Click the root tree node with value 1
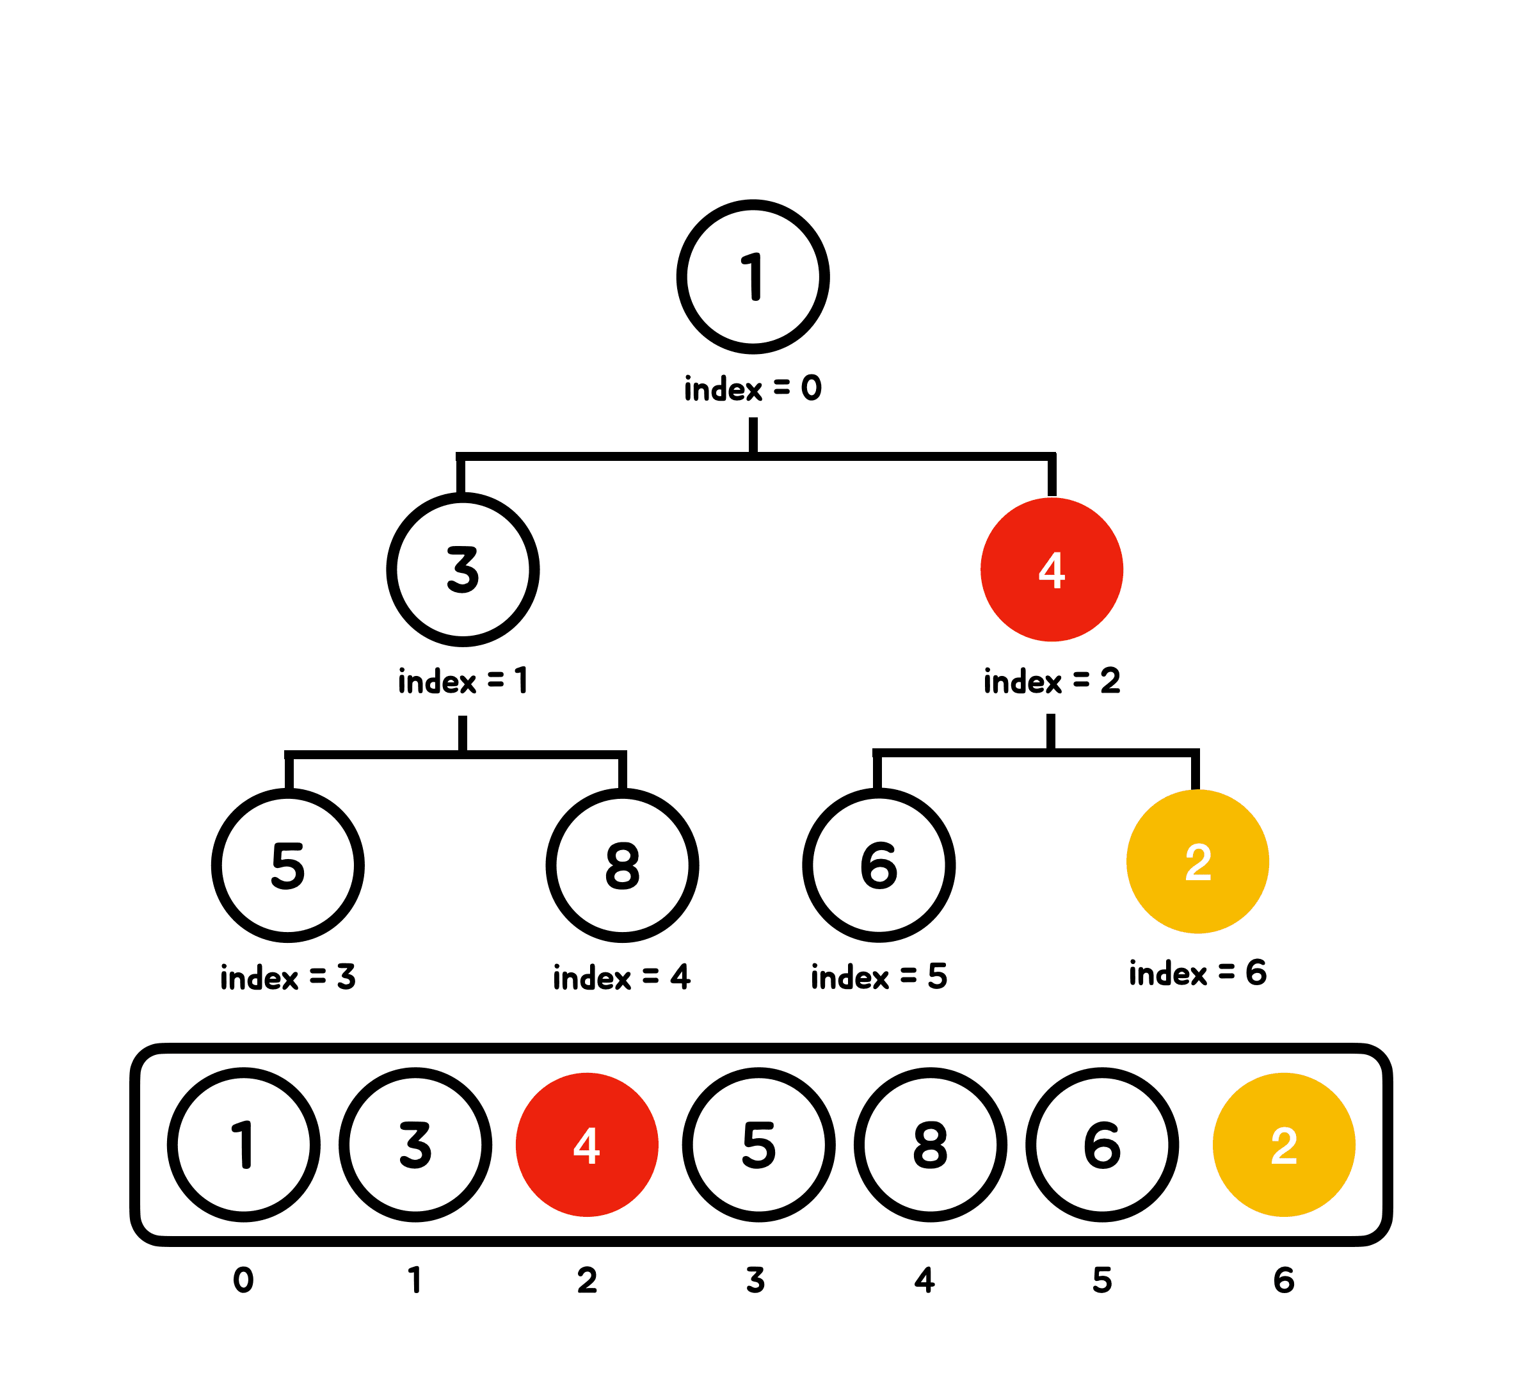click(753, 277)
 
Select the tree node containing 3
click(463, 570)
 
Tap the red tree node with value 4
click(1052, 570)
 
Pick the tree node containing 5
click(288, 865)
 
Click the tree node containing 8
click(622, 865)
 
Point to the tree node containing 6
click(879, 865)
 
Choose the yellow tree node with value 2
click(1198, 862)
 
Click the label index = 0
click(753, 389)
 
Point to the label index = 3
click(288, 977)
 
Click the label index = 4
click(622, 977)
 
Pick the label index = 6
click(1198, 974)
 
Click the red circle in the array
click(587, 1145)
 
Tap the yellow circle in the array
click(1284, 1145)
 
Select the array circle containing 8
click(931, 1145)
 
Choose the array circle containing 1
click(244, 1145)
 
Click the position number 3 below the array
click(756, 1280)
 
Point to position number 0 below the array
click(243, 1280)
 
